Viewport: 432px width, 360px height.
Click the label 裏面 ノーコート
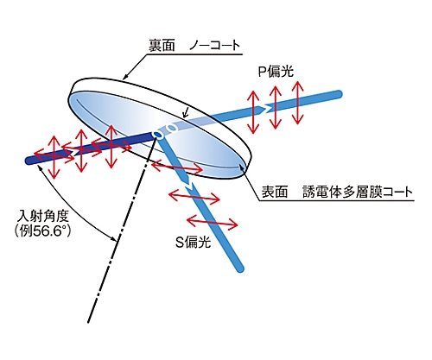194,46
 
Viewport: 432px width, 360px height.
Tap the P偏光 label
276,71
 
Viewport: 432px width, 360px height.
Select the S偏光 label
193,242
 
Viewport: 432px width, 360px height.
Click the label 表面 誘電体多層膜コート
337,192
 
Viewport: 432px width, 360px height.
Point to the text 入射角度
43,216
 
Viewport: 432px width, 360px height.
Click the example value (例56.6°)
42,231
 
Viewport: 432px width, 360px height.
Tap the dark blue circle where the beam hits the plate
158,135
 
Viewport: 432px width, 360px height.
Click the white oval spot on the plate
173,128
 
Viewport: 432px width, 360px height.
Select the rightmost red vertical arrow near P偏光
298,103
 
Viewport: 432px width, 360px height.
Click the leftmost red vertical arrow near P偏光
253,112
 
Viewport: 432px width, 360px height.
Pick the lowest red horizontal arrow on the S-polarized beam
213,222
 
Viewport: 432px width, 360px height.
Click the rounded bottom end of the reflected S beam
239,268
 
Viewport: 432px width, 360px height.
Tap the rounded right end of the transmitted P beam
339,94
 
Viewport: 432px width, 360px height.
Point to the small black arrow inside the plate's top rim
186,113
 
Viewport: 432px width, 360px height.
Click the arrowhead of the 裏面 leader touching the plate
124,78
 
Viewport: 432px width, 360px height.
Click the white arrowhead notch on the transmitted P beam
267,108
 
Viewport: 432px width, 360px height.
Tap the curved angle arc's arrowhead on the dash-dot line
114,238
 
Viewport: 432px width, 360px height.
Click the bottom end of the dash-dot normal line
88,321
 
